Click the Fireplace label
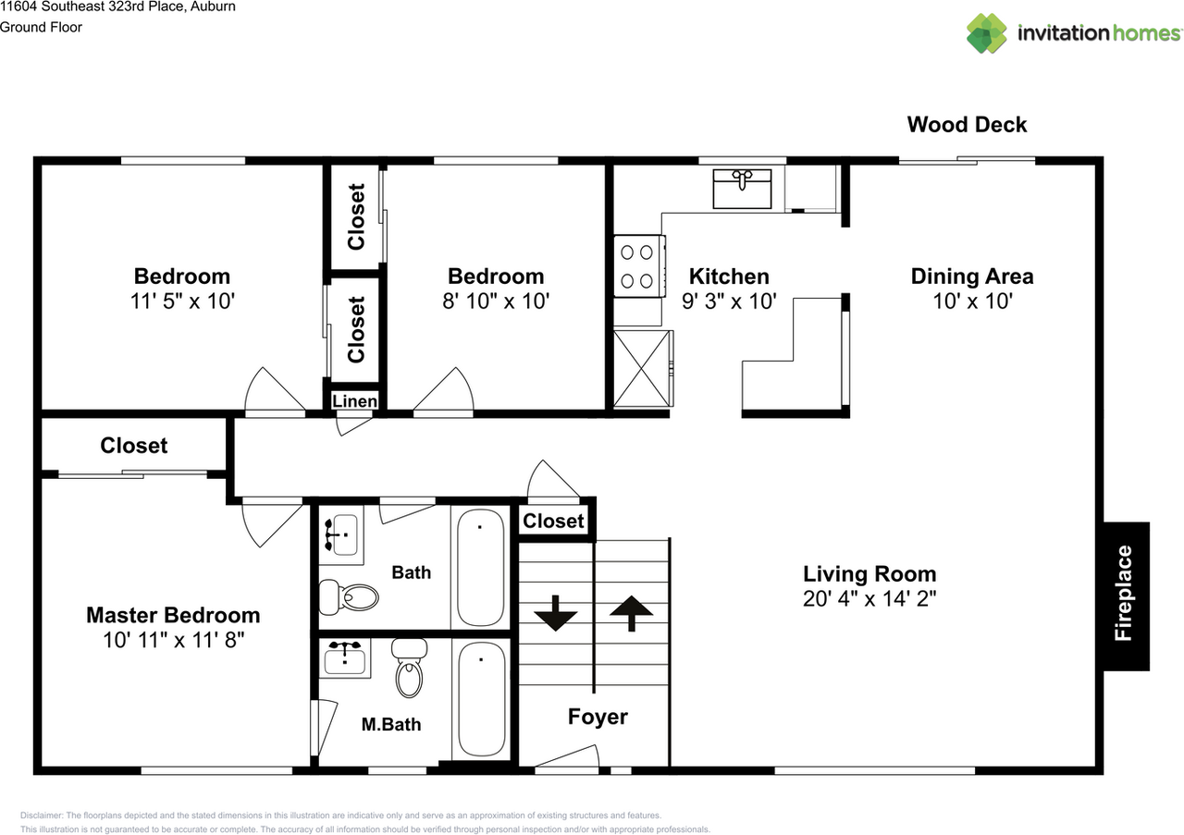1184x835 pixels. point(1123,593)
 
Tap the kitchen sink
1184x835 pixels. point(742,189)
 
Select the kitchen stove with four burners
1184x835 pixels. point(638,265)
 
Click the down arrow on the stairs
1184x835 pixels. point(555,613)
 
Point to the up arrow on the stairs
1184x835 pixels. point(631,613)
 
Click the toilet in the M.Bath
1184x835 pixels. point(409,668)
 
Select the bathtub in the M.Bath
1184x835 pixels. point(481,699)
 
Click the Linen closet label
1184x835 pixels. point(354,401)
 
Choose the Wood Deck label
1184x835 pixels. point(967,125)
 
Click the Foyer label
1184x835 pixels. point(598,717)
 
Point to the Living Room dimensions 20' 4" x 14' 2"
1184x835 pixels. point(869,599)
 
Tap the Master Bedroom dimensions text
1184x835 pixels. point(173,640)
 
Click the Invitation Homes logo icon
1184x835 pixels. point(987,32)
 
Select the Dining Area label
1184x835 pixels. point(972,276)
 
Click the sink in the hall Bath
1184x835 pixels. point(342,534)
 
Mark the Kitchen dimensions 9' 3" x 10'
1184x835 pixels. point(729,301)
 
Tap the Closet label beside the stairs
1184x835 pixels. point(553,522)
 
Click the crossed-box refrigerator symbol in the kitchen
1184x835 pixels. point(643,368)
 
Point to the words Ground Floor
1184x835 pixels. point(41,27)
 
